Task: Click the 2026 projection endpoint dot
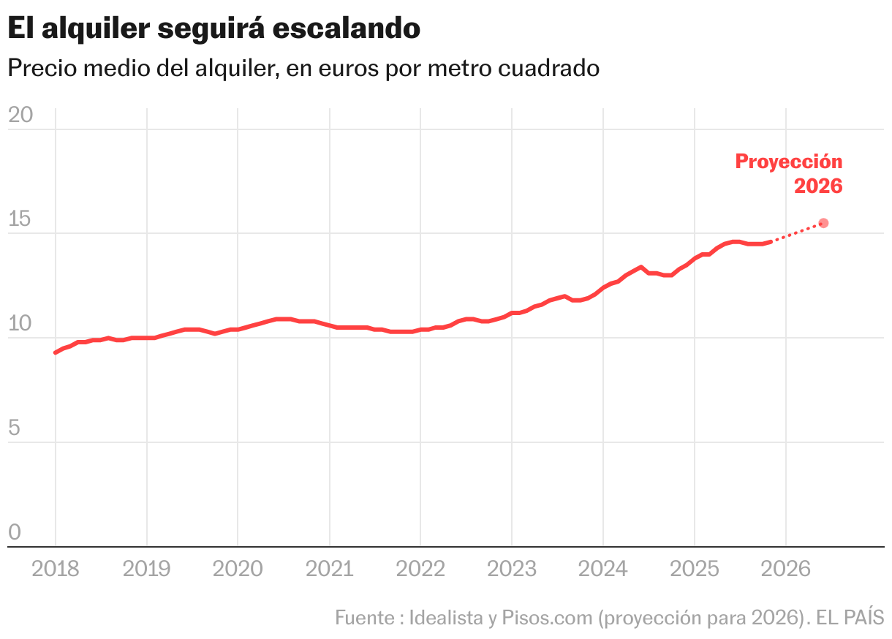(823, 223)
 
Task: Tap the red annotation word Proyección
(789, 162)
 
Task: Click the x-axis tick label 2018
(56, 569)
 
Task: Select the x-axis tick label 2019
(147, 569)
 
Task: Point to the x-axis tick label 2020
(238, 569)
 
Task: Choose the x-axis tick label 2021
(329, 569)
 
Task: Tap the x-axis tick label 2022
(420, 569)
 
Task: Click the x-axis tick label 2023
(511, 569)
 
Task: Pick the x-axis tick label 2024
(602, 569)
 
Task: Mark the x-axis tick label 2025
(694, 569)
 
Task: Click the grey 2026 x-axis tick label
(785, 569)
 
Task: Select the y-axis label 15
(20, 219)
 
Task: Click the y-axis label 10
(20, 324)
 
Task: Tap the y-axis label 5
(15, 428)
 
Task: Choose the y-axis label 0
(15, 532)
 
